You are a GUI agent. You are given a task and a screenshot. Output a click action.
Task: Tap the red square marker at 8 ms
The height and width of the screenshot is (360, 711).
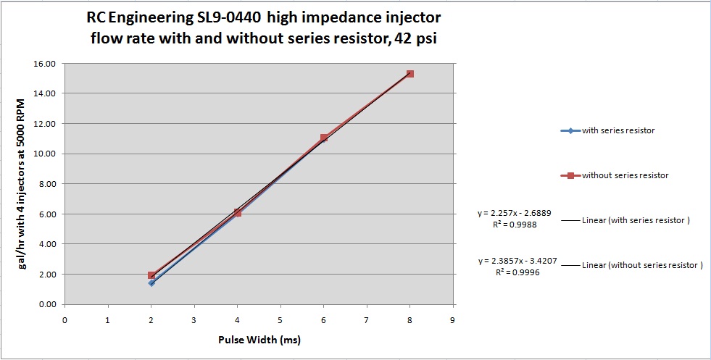pos(410,74)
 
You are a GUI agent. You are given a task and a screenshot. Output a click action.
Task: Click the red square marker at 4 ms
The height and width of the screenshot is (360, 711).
pos(237,212)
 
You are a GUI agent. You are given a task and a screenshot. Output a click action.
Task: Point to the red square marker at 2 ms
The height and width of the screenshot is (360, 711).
pos(151,275)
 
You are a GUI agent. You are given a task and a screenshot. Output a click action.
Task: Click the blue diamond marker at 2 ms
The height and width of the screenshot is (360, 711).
pos(151,283)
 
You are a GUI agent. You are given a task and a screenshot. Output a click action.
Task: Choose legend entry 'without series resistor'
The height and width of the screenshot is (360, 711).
pos(625,175)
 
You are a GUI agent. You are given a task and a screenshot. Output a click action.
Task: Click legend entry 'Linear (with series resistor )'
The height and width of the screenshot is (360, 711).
pos(635,220)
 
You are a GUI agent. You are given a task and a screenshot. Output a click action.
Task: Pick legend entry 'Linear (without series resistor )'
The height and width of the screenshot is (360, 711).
pos(642,265)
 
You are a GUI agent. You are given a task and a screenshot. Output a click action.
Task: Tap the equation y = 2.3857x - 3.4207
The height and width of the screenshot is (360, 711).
pos(517,260)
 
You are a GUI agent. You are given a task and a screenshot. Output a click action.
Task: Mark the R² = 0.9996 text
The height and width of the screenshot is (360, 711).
pos(517,272)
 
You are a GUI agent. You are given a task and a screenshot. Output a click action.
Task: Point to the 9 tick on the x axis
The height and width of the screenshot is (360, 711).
pos(453,319)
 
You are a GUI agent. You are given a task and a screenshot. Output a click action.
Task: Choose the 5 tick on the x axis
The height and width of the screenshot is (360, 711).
pos(280,319)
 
